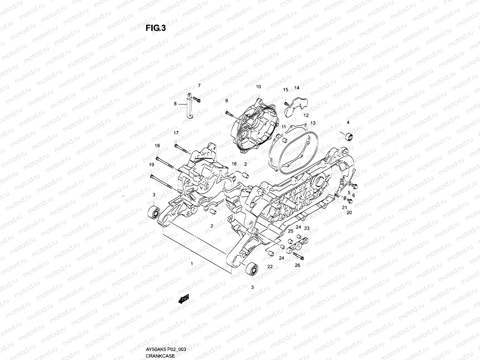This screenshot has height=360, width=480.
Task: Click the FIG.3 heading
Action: click(155, 28)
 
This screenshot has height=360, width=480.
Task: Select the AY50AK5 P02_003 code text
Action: click(166, 350)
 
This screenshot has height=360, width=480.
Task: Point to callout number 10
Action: click(258, 87)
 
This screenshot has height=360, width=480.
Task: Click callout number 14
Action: click(297, 88)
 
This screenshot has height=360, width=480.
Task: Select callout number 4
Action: click(348, 122)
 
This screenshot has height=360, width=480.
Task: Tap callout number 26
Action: click(297, 265)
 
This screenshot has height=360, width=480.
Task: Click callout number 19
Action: click(151, 165)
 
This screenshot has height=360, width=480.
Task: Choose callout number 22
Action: click(270, 266)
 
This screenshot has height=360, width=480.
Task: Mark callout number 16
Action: click(234, 164)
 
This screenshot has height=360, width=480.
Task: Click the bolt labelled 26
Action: click(298, 256)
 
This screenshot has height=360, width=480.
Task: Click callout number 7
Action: click(199, 86)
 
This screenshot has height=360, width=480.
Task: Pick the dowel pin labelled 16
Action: click(244, 174)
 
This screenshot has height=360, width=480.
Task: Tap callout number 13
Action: click(313, 123)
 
